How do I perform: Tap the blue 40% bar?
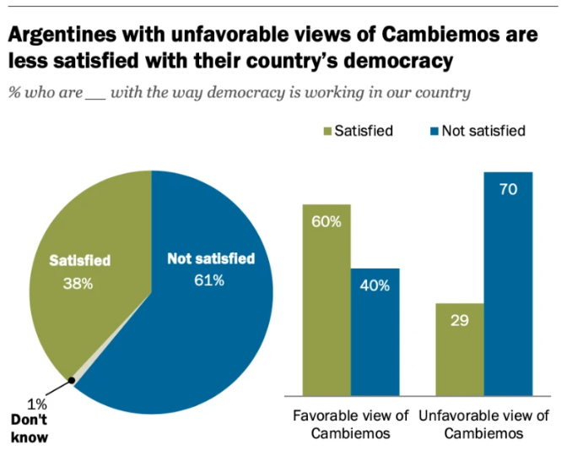[x=375, y=334]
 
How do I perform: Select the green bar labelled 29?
[x=460, y=350]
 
